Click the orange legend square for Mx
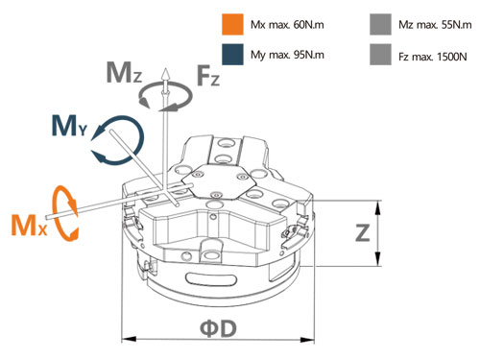coord(232,24)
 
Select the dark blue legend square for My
coord(232,55)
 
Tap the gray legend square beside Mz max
coord(380,24)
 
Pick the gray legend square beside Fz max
coord(380,55)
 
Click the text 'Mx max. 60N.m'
coord(287,25)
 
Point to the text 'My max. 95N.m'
coord(287,55)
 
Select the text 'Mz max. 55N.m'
coord(435,25)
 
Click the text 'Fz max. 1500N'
coord(433,57)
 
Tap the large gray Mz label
coord(124,73)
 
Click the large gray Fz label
coord(208,75)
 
